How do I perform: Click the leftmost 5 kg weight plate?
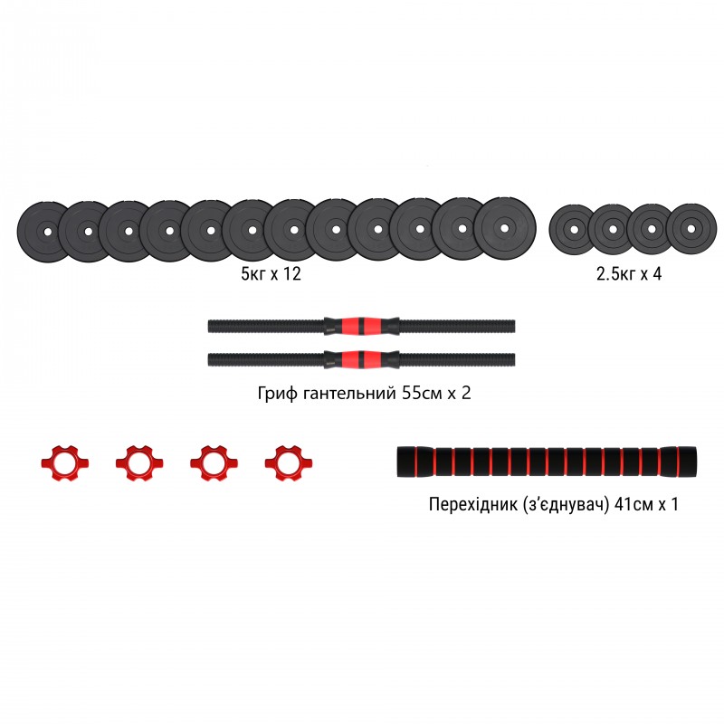click(42, 232)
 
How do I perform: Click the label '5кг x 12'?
click(264, 273)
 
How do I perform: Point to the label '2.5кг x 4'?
click(628, 273)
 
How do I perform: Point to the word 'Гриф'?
click(277, 395)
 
